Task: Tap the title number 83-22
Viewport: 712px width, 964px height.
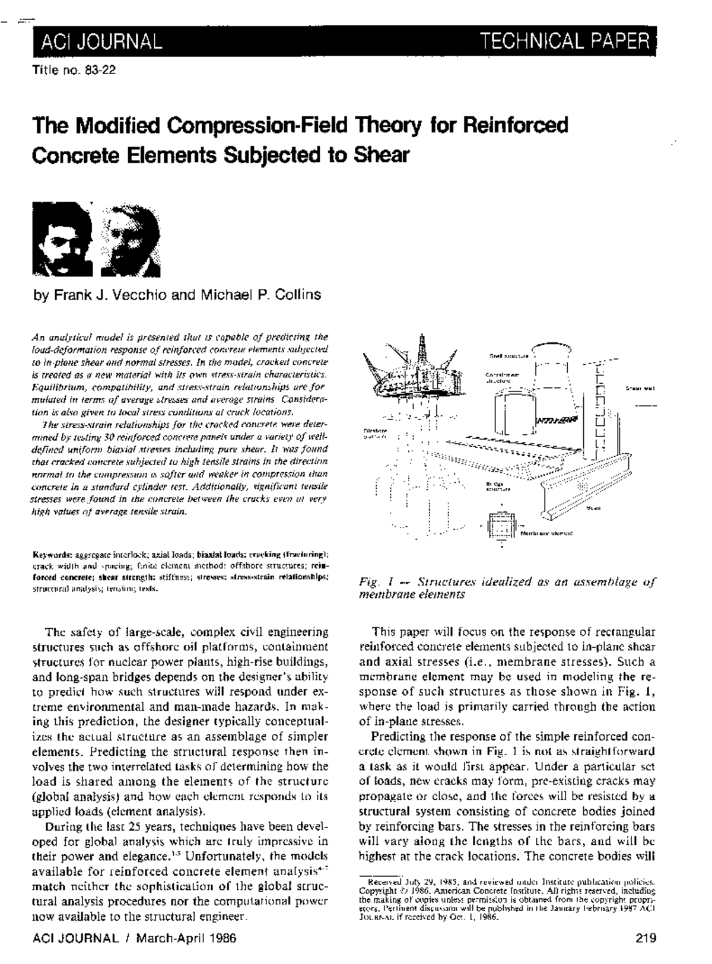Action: tap(100, 70)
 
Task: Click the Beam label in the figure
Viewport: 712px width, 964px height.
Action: tap(593, 508)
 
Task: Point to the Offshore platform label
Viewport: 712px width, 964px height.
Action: tap(374, 432)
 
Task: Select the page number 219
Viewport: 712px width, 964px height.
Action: tap(644, 938)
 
